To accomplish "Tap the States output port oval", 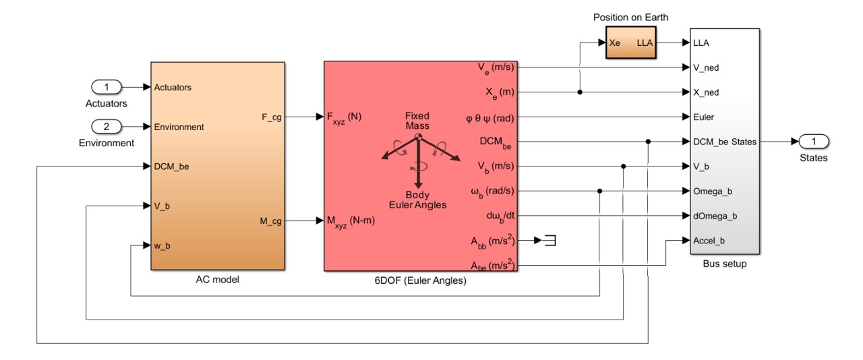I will (814, 142).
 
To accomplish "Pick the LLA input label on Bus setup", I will (701, 42).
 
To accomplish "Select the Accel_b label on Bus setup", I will (709, 241).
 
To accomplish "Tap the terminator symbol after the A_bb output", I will (550, 241).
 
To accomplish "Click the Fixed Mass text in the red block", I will (417, 120).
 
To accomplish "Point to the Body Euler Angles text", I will (417, 200).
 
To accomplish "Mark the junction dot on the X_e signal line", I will (580, 92).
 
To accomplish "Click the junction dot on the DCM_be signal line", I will (648, 142).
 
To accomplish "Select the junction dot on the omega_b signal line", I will (599, 191).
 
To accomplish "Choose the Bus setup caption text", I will (724, 264).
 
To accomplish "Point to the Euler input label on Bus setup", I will (703, 117).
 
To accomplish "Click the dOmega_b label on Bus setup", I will (715, 216).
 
